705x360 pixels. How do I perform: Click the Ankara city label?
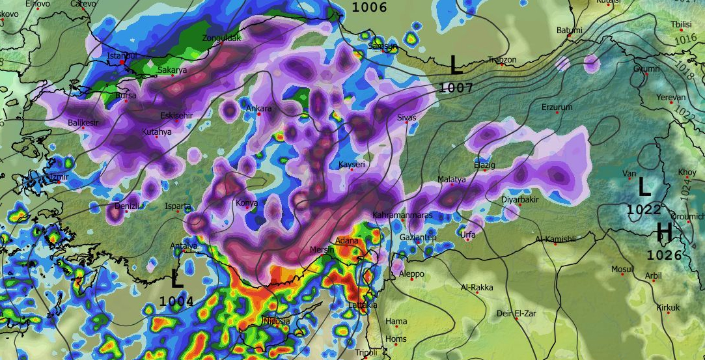tap(258, 109)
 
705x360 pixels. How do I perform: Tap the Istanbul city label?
tap(122, 56)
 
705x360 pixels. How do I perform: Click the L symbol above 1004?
tap(176, 279)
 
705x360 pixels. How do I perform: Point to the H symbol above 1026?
tap(664, 232)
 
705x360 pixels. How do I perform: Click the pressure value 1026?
tap(664, 255)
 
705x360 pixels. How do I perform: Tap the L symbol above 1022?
tap(644, 188)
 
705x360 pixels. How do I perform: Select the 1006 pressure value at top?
tap(369, 8)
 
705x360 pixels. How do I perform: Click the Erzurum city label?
tap(557, 107)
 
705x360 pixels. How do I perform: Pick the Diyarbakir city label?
tap(520, 199)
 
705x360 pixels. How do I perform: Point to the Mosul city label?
tap(622, 269)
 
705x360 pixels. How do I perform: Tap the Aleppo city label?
tap(411, 273)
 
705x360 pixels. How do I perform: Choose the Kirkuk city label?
tap(668, 307)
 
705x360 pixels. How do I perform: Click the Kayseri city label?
tap(352, 165)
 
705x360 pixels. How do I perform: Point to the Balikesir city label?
tap(83, 122)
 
